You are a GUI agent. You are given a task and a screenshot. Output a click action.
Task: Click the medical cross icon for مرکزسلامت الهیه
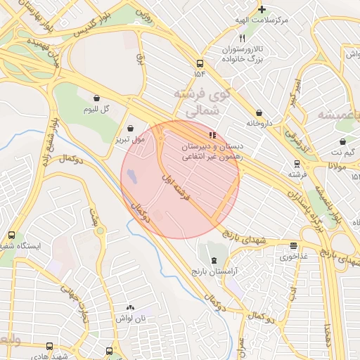click(x=262, y=9)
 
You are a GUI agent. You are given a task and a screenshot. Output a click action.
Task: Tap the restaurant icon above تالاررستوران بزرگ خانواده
click(x=243, y=38)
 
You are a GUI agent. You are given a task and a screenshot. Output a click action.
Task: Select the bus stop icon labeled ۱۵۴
click(x=200, y=63)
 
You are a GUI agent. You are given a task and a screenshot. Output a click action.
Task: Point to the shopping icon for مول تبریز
click(x=130, y=127)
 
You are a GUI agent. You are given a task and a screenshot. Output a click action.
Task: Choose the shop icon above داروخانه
click(x=259, y=112)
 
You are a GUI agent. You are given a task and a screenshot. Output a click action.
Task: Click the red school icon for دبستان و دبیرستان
click(x=212, y=134)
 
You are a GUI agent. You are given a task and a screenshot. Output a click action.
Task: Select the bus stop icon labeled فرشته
click(x=297, y=162)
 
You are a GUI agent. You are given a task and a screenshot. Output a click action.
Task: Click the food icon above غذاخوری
click(x=293, y=245)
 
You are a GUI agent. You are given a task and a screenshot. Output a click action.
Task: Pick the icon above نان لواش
click(x=130, y=308)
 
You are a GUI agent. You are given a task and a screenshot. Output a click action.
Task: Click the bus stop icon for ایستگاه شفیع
click(x=11, y=235)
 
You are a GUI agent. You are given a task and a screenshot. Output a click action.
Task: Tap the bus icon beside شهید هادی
click(x=49, y=346)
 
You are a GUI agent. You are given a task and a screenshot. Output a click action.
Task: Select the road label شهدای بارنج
click(x=246, y=236)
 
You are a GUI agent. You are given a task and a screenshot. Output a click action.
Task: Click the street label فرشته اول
click(x=176, y=187)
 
